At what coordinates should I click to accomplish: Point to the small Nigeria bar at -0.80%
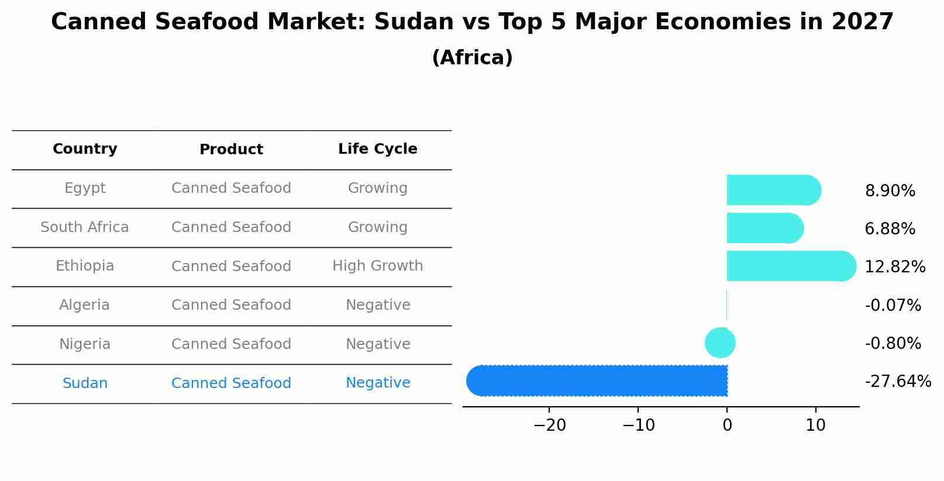pos(720,343)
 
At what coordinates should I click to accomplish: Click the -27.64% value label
pos(898,382)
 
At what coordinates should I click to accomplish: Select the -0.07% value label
pos(893,306)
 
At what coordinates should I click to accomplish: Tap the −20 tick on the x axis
pos(549,425)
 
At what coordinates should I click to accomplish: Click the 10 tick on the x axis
pos(815,425)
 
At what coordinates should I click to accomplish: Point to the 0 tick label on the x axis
pos(727,425)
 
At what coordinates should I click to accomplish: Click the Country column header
pos(85,149)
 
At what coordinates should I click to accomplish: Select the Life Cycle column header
pos(377,149)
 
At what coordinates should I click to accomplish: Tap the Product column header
pos(231,150)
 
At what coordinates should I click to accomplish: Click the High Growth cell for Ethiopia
pos(377,266)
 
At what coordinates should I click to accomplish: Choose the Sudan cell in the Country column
pos(85,383)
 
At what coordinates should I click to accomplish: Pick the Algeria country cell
pos(84,305)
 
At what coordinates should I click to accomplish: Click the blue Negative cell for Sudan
pos(378,383)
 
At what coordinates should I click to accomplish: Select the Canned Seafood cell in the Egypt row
pos(231,188)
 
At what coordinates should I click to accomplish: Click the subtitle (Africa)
pos(472,58)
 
